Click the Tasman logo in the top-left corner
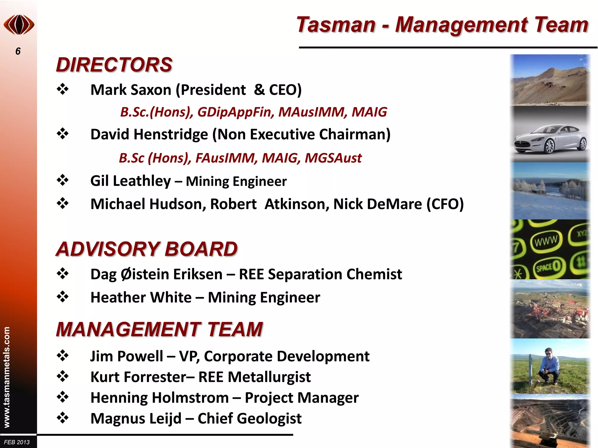[19, 25]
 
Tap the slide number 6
[18, 51]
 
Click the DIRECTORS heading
[114, 64]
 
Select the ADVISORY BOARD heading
[147, 249]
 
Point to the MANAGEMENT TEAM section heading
[159, 329]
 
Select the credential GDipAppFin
[235, 112]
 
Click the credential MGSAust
[333, 158]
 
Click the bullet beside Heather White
[62, 297]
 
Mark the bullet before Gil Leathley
[62, 180]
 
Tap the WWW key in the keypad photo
[546, 241]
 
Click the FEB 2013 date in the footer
[17, 442]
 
